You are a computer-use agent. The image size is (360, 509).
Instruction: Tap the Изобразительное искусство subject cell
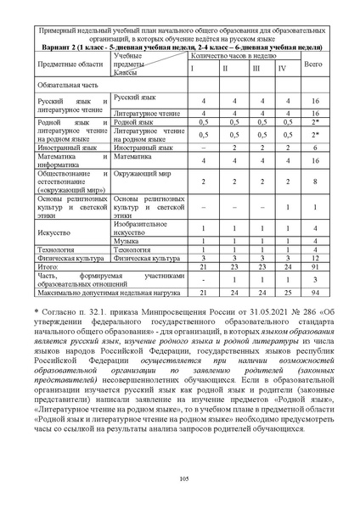point(140,226)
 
